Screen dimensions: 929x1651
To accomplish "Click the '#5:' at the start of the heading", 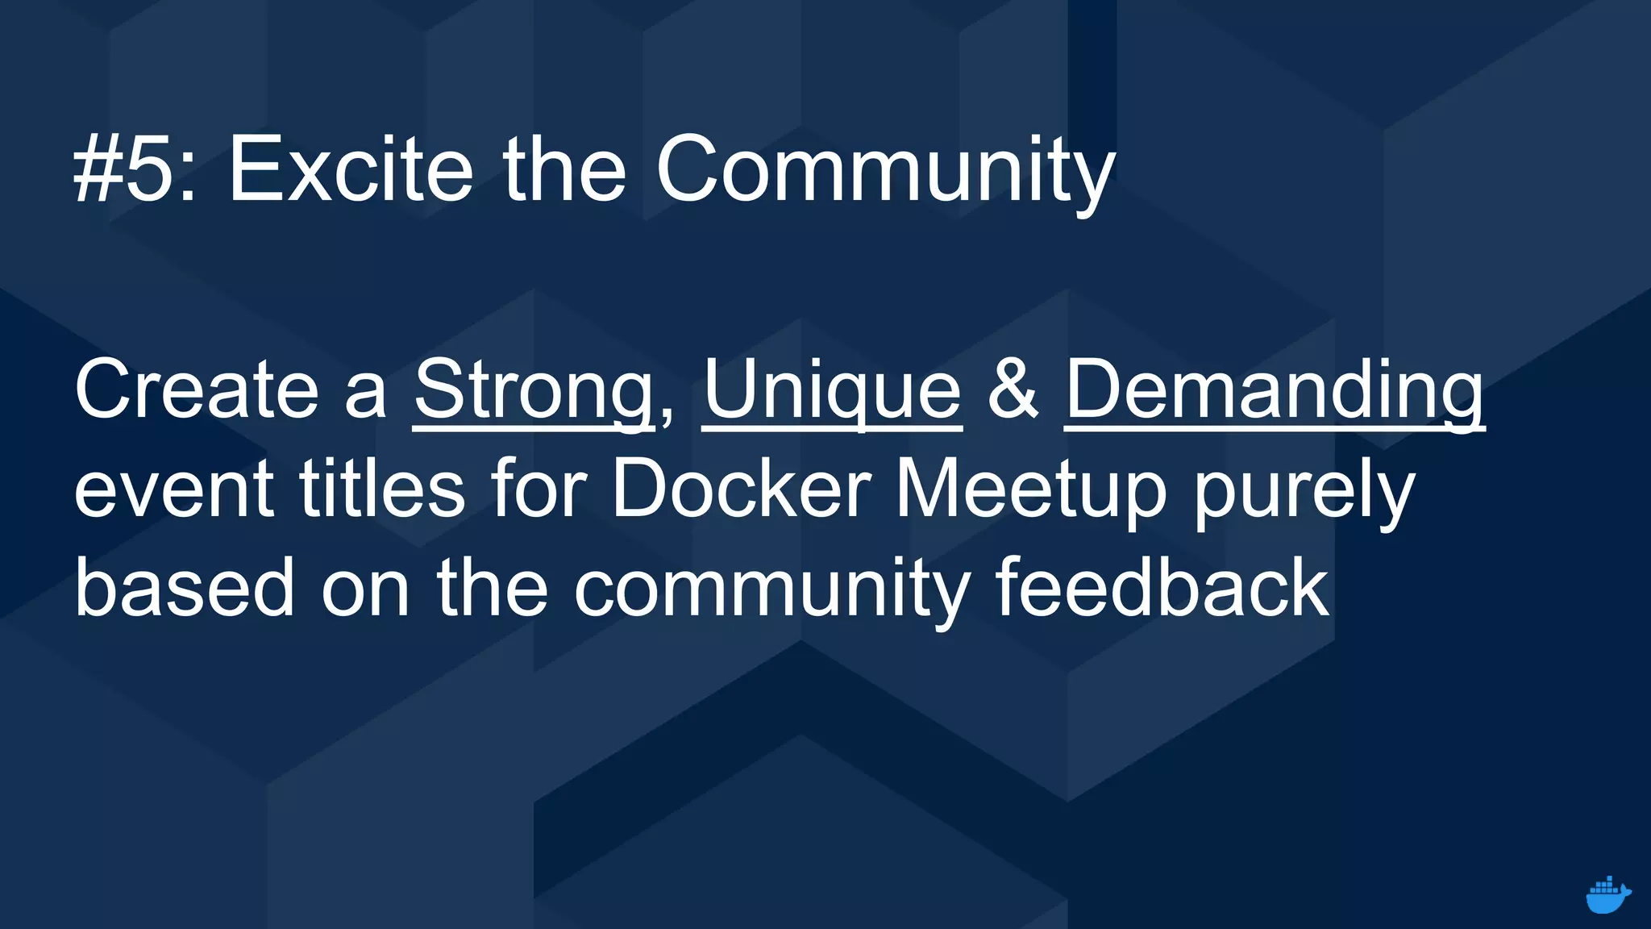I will tap(134, 170).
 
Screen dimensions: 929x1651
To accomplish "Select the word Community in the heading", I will tap(885, 170).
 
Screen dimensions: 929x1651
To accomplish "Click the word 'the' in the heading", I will tap(564, 170).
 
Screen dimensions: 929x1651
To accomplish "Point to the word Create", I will tap(197, 391).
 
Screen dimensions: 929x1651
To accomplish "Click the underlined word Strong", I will tap(533, 391).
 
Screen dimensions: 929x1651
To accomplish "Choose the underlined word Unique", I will tap(832, 391).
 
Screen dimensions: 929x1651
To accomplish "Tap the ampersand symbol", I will tap(1013, 391).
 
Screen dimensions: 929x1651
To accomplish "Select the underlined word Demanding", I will tap(1274, 391).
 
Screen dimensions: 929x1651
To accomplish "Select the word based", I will tap(185, 589).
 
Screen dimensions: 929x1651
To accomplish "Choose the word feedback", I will tap(1162, 589).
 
